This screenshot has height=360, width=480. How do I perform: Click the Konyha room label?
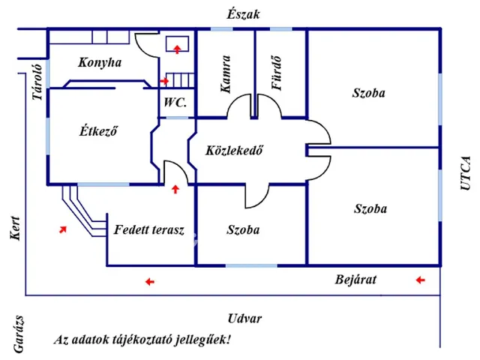[x=99, y=63]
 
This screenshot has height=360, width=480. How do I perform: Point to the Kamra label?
[x=226, y=75]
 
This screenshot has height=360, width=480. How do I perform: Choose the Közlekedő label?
[x=233, y=150]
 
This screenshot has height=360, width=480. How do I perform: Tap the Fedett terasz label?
[x=149, y=229]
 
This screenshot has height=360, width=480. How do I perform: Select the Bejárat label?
[x=355, y=280]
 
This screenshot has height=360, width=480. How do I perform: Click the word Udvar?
[x=244, y=318]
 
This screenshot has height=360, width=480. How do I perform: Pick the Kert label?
[x=15, y=229]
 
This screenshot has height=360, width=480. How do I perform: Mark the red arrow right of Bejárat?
[x=420, y=280]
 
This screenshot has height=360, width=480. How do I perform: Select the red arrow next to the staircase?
[x=165, y=80]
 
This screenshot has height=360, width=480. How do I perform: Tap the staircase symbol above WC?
[x=180, y=79]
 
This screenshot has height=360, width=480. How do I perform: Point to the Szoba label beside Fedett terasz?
[x=243, y=229]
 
